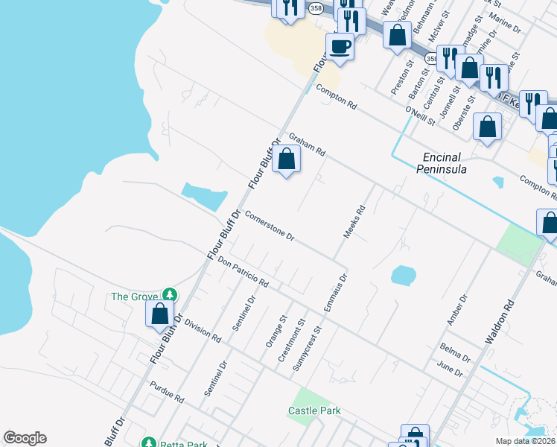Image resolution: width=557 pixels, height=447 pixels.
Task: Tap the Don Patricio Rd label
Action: (x=243, y=272)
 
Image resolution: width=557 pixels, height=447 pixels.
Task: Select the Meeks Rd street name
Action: (x=354, y=222)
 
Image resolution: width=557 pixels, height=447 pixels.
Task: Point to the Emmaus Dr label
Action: (x=335, y=293)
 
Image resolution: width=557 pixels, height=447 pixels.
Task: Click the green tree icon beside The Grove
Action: (x=171, y=296)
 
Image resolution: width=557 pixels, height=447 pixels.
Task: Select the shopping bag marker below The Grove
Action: (x=160, y=314)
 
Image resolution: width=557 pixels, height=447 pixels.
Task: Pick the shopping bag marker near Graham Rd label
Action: (x=286, y=159)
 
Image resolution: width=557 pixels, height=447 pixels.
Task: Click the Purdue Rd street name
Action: (x=167, y=393)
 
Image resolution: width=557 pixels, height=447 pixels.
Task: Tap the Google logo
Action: (x=25, y=438)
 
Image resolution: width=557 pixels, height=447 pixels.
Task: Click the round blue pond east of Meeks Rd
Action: (x=402, y=276)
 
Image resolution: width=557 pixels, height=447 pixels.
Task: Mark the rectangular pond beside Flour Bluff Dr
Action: (x=204, y=197)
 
